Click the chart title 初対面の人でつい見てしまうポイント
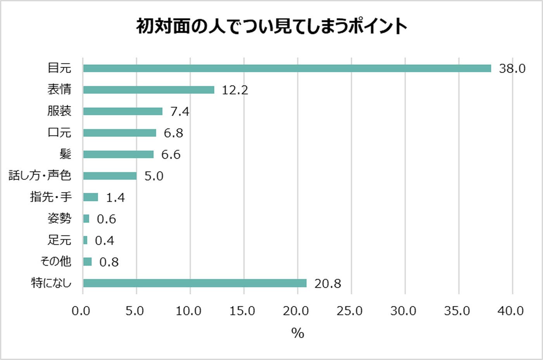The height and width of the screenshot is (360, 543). coord(271,26)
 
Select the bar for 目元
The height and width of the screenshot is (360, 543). coord(287,68)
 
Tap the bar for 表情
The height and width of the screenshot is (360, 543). coord(149,90)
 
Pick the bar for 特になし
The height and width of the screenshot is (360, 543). coord(195,283)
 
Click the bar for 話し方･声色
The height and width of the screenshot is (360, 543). coord(110,176)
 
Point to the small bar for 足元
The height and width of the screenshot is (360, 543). coord(85,240)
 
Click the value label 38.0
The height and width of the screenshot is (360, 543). coord(512,69)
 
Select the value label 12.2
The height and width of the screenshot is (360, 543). coord(235,90)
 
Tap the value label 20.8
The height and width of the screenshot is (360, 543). coord(328,284)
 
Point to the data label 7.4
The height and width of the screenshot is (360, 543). coord(180,112)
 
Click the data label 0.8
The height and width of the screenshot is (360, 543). coord(109,262)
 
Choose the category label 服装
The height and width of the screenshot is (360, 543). coord(59,111)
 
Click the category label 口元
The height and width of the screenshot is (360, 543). coord(59,133)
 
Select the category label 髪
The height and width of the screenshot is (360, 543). coord(65,154)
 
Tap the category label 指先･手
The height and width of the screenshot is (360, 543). coord(51,197)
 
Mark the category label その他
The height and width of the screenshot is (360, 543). coord(56,261)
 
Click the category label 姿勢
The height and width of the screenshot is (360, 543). coord(59,218)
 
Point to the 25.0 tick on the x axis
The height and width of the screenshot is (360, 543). coord(349,311)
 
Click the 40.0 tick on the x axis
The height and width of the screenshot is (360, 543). coord(510,311)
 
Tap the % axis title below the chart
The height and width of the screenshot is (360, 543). coord(297,333)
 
